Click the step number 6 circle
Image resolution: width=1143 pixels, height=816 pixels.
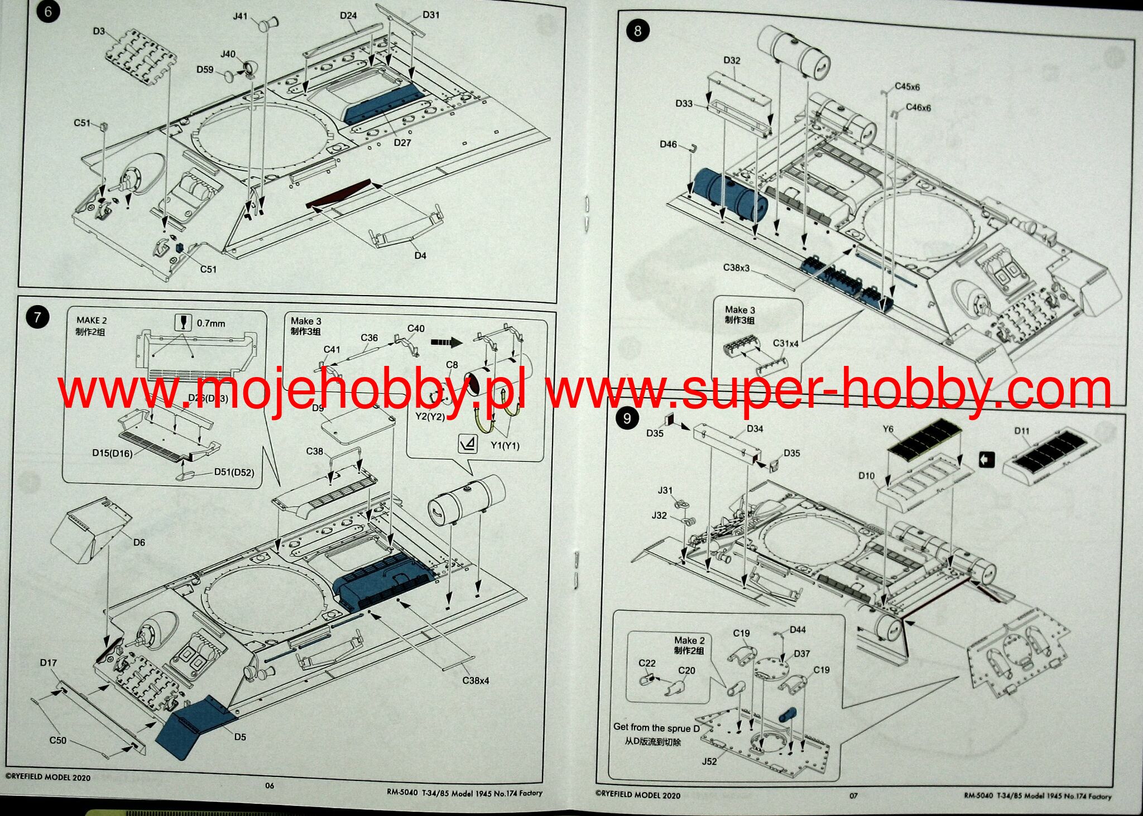[48, 12]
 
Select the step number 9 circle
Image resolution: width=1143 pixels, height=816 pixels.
[627, 418]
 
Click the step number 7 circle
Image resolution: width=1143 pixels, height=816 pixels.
[37, 317]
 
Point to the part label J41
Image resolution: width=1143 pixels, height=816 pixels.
[240, 16]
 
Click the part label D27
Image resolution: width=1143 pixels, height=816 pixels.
[402, 143]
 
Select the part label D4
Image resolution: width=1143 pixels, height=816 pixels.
[420, 255]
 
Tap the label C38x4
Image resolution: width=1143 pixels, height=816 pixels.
[476, 680]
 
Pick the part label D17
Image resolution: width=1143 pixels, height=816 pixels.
[49, 663]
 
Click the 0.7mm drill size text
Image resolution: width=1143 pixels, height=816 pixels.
[211, 323]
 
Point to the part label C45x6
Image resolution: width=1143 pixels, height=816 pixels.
[907, 86]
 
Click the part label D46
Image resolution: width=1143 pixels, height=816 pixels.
[668, 144]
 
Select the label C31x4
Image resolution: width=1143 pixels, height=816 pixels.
[785, 344]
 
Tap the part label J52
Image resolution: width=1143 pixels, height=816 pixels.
[709, 761]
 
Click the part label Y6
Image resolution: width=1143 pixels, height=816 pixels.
[888, 429]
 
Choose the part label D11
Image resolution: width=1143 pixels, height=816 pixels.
[1022, 431]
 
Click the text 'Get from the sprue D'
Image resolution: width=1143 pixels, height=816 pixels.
[656, 727]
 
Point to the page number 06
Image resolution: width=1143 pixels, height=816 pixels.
[270, 785]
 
